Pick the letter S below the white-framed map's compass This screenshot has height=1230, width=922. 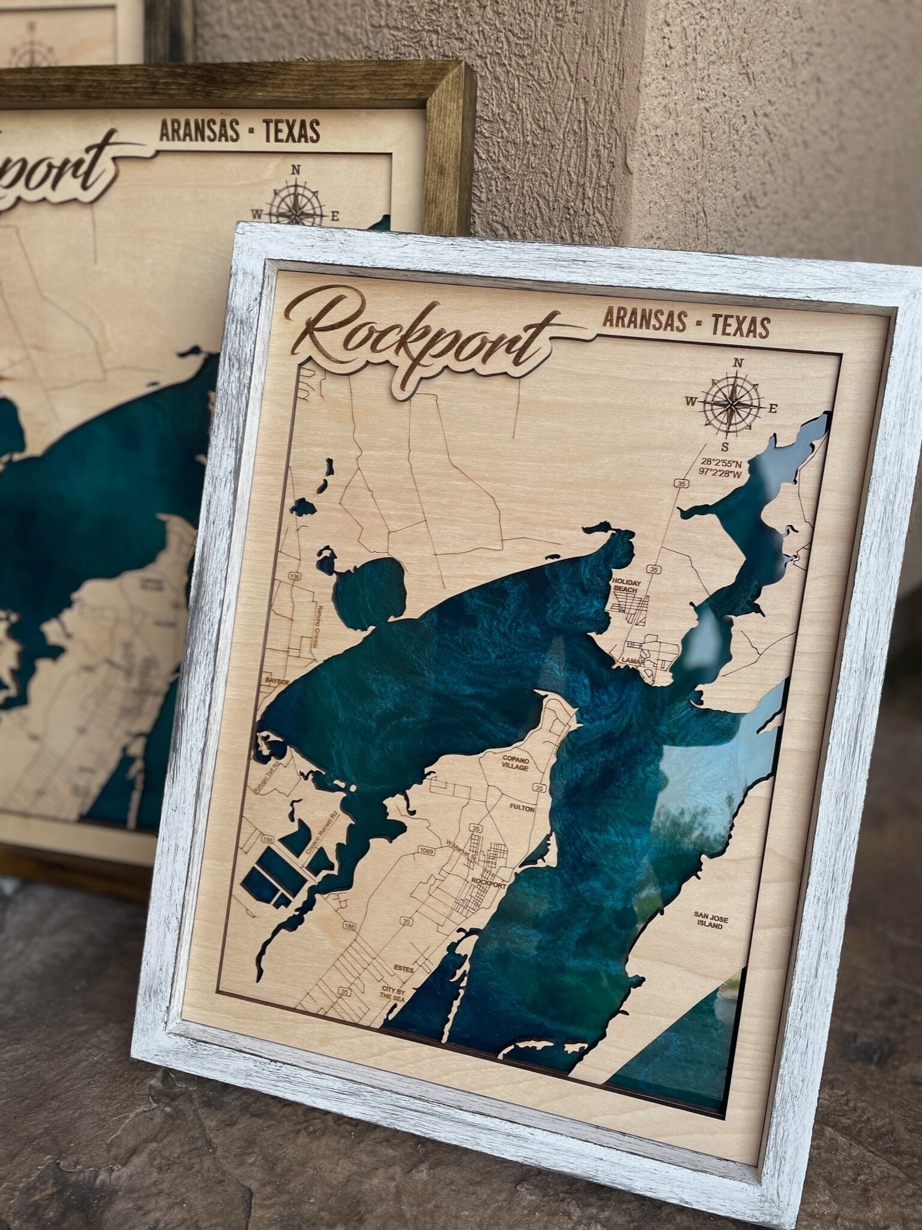(x=725, y=447)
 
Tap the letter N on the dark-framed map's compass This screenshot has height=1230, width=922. (x=295, y=170)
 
